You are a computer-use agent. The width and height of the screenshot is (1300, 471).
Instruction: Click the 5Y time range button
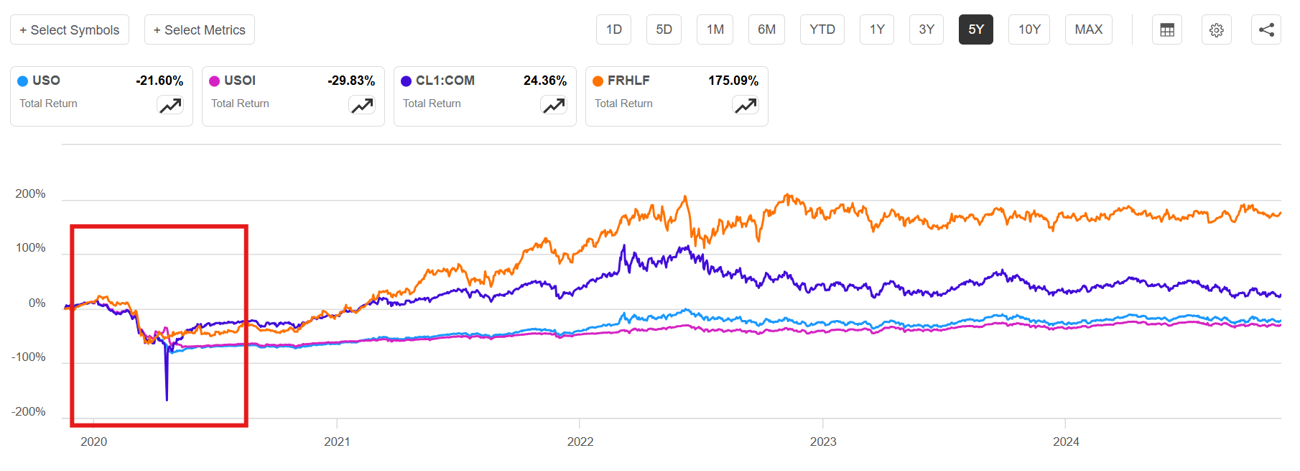[975, 29]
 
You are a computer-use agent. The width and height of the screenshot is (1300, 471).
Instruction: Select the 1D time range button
[613, 29]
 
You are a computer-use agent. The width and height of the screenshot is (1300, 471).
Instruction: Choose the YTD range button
[822, 29]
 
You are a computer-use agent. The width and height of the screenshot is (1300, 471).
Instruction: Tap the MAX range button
[1088, 29]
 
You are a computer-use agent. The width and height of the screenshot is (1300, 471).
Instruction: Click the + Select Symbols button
[70, 29]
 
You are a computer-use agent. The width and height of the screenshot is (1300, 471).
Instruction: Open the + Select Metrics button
[199, 29]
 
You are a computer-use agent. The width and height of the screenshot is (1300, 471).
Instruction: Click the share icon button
[1266, 29]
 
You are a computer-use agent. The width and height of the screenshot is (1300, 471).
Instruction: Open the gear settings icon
[1216, 29]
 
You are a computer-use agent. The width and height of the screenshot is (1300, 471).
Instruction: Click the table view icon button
[1166, 29]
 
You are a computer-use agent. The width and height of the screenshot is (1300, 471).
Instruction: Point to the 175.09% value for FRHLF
[733, 81]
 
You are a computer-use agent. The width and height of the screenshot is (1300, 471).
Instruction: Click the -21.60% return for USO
[159, 81]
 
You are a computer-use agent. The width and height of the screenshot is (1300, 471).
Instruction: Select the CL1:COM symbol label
[445, 81]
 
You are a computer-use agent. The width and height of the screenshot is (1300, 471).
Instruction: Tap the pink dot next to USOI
[214, 81]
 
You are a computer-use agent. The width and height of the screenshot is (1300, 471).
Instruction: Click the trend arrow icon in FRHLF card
[746, 106]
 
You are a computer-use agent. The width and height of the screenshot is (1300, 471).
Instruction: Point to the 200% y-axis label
[30, 194]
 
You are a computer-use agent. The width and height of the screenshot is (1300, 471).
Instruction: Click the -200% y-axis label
[29, 412]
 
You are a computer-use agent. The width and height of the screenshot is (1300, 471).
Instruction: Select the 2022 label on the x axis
[580, 442]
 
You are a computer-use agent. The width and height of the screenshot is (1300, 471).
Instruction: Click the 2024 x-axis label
[1065, 442]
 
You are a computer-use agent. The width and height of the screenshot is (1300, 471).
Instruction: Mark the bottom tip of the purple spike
[167, 400]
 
